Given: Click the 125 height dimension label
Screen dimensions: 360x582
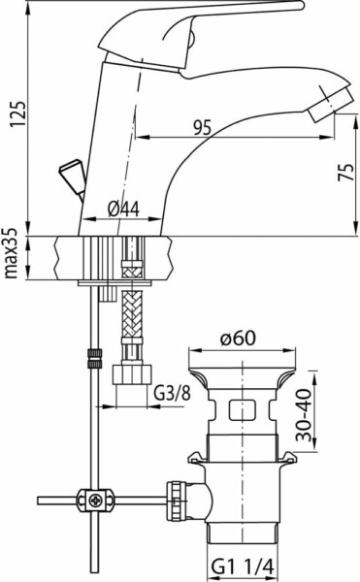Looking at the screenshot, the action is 17,113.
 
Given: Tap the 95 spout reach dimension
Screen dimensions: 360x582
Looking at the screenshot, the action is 202,127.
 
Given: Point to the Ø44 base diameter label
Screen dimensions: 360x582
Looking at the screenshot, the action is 123,210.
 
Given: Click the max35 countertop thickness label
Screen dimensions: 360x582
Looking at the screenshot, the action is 11,253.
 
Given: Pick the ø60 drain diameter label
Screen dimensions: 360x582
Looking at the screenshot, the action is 238,339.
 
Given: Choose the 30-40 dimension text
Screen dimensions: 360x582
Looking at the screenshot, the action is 305,414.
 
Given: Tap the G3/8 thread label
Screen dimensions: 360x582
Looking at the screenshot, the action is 172,394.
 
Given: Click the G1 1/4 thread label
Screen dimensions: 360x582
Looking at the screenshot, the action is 243,567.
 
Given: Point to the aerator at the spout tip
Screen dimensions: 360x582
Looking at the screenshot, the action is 329,104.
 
